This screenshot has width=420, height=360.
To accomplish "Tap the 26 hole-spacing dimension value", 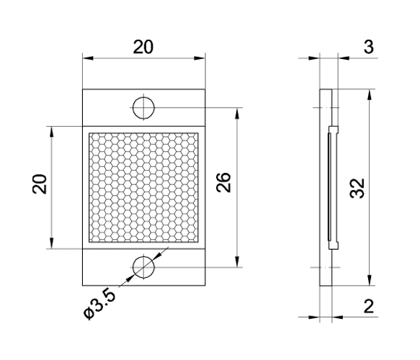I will pyautogui.click(x=224, y=186).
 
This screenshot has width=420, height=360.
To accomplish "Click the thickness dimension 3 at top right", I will pyautogui.click(x=367, y=47).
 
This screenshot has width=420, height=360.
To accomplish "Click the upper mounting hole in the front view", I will pyautogui.click(x=143, y=107).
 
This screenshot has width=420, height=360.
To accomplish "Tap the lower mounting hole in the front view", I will pyautogui.click(x=143, y=267).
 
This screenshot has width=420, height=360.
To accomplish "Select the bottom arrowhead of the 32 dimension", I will pyautogui.click(x=369, y=282).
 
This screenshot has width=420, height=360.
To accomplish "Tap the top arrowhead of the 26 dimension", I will pyautogui.click(x=237, y=111).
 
